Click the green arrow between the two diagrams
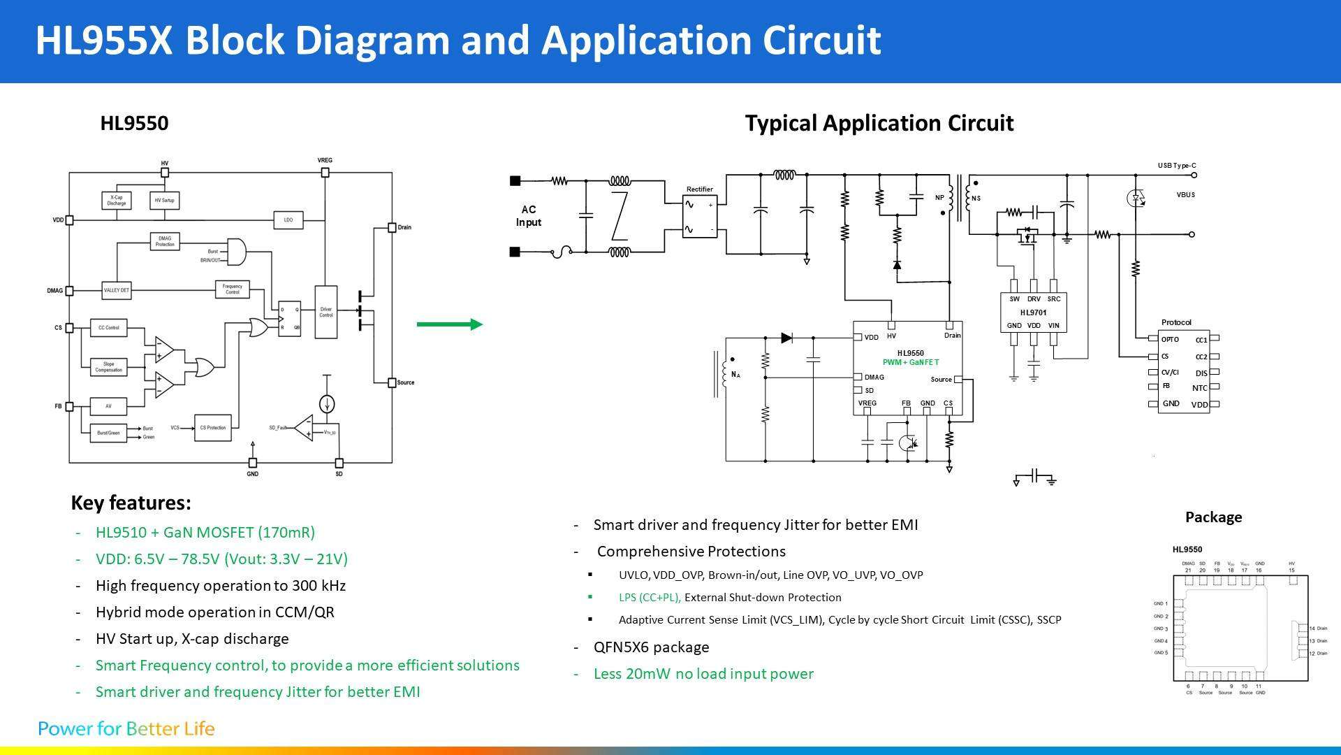tap(449, 324)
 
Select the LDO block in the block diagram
tap(288, 220)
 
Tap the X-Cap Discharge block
tap(117, 201)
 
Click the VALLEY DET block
tap(116, 290)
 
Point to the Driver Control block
tap(326, 312)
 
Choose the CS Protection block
tap(212, 427)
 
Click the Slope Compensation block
tap(109, 367)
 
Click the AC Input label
tap(529, 216)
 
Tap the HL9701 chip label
tap(1033, 312)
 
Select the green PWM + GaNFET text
tap(911, 363)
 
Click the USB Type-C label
tap(1177, 166)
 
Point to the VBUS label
tap(1185, 195)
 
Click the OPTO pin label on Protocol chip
tap(1170, 340)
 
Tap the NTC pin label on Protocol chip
tap(1199, 388)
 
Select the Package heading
tap(1213, 517)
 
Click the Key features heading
tap(131, 503)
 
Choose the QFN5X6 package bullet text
tap(651, 647)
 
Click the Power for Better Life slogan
tap(126, 728)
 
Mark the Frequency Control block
tap(233, 289)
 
